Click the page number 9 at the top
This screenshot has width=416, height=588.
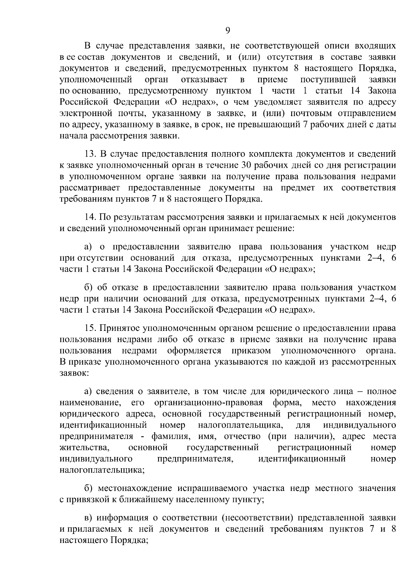(228, 31)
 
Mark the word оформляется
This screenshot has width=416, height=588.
(194, 350)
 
